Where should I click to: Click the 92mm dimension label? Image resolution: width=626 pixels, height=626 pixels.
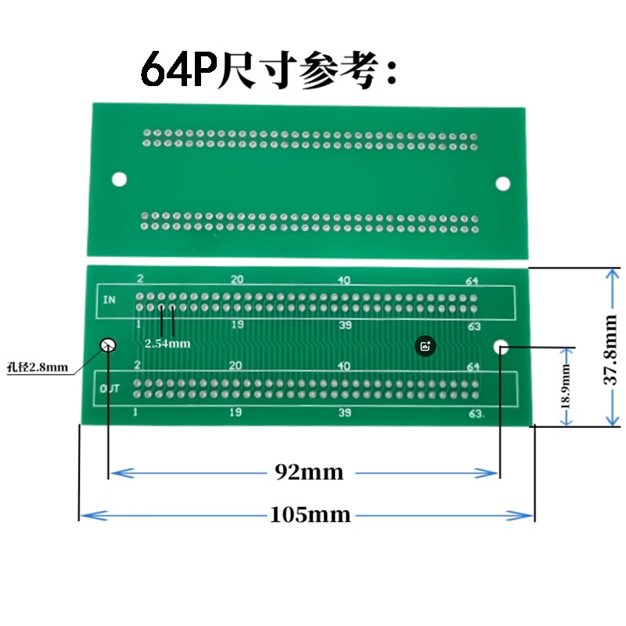point(309,472)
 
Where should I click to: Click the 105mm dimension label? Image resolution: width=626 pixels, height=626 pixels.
point(310,514)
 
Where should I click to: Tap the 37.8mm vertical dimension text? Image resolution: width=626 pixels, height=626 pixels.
point(610,350)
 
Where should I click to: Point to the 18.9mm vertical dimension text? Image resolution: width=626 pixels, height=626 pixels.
point(566,387)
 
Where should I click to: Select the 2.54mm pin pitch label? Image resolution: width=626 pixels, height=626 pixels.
point(167,344)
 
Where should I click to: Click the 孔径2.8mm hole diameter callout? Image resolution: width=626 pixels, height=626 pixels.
point(38,367)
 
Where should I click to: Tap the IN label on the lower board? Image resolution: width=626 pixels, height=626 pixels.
point(109,300)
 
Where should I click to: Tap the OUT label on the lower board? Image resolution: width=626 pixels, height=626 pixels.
point(110,388)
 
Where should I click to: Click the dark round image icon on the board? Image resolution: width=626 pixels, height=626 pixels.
point(425,346)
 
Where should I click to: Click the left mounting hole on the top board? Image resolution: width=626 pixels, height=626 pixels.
point(119,179)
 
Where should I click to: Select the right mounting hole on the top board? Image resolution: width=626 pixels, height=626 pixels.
point(502,184)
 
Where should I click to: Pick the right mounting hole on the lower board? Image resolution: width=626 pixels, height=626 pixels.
point(501,347)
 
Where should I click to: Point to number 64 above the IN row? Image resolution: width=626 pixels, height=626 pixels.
point(472,281)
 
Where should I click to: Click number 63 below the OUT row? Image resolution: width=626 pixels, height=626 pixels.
point(475,414)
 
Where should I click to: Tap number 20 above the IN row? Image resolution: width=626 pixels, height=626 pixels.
point(237,279)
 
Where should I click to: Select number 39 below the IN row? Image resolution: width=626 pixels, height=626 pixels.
point(345,325)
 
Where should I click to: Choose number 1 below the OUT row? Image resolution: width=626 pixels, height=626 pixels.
point(135,412)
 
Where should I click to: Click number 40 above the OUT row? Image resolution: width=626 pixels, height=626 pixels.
point(344,365)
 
